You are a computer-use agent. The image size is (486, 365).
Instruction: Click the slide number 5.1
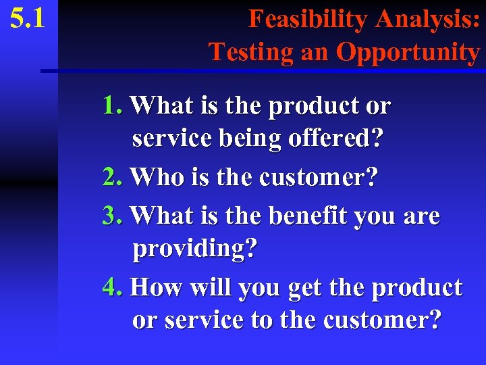point(28,18)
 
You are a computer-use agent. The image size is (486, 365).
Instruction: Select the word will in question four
point(209,287)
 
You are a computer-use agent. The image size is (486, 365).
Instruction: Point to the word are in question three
point(421,217)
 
